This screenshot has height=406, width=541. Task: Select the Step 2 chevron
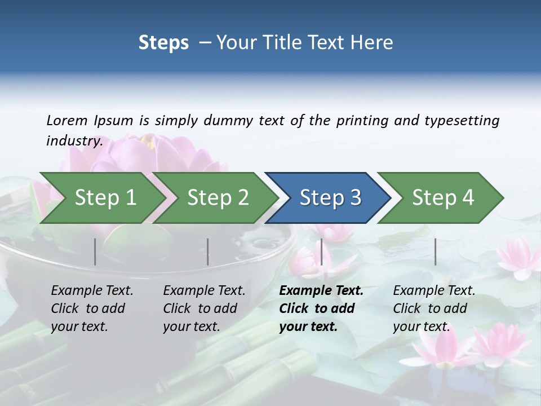[218, 198]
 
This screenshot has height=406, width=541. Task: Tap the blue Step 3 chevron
[330, 198]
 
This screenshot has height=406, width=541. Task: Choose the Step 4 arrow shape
[443, 198]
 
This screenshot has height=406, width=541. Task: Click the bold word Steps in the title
[163, 43]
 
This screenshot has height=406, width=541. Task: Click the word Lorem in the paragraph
[66, 121]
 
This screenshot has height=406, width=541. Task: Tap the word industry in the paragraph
[74, 141]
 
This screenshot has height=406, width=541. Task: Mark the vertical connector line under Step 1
[95, 251]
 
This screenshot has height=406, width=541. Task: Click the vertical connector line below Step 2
[208, 251]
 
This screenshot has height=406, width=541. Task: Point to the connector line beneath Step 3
[322, 251]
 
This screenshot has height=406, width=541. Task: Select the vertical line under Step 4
[436, 251]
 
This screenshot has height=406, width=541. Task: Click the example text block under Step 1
[92, 308]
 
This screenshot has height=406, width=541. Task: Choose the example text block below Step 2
[204, 308]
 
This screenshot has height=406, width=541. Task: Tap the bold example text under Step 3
[321, 308]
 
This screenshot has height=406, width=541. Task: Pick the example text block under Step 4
[434, 308]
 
